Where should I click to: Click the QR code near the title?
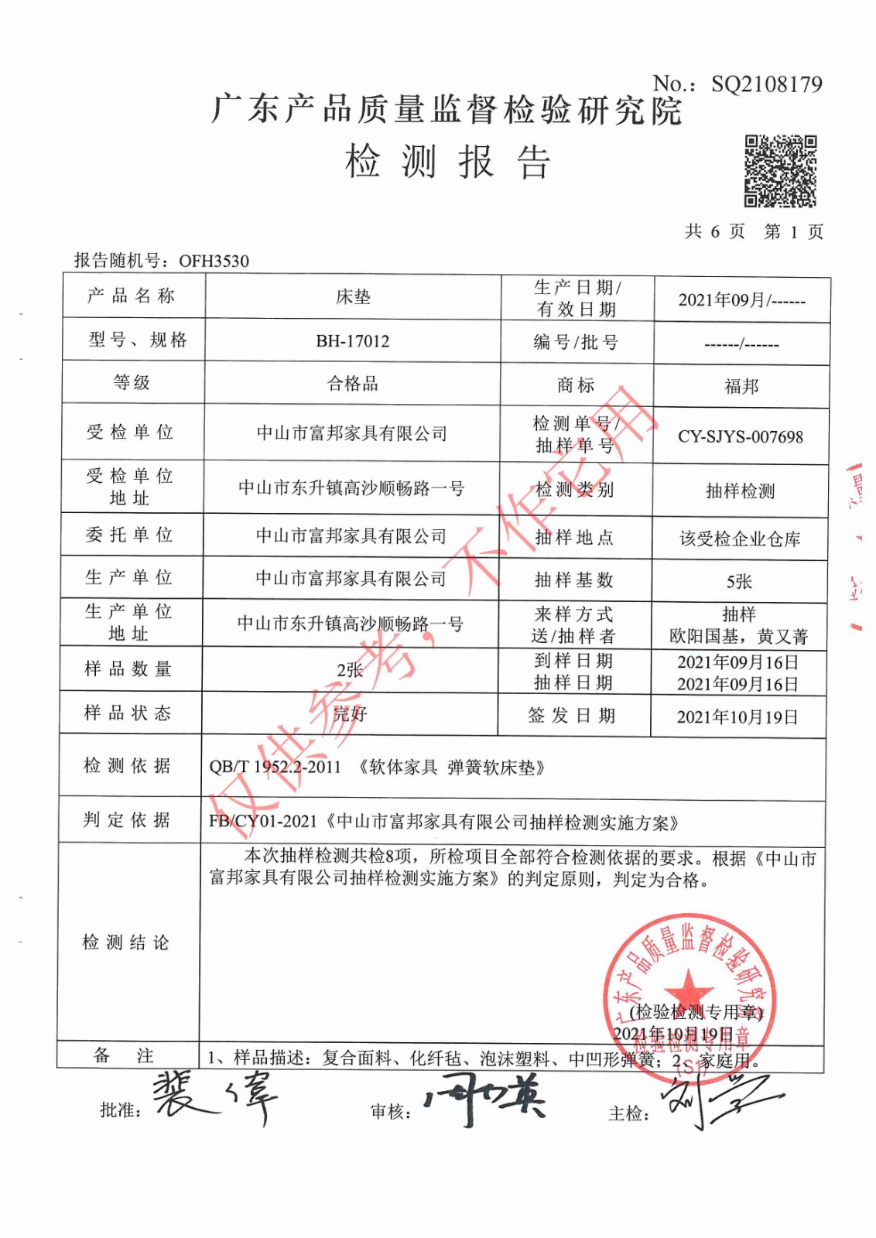780,171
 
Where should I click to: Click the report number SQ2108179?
766,84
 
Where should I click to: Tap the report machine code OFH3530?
214,261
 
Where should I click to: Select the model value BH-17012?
352,341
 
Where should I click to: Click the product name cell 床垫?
353,297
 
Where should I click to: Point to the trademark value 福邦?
741,385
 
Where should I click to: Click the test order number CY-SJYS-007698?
741,436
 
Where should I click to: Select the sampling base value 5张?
739,581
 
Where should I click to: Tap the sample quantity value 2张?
350,669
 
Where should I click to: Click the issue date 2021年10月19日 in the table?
737,717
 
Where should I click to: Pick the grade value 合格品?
352,384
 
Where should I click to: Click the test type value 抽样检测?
740,491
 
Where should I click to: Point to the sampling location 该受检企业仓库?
740,539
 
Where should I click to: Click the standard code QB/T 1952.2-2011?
275,767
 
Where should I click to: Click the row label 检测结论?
126,942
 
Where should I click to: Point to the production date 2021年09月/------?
741,300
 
